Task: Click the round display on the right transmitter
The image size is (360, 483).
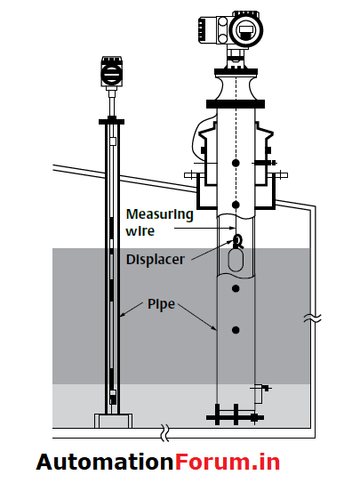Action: [246, 30]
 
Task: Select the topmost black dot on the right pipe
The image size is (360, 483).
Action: [235, 163]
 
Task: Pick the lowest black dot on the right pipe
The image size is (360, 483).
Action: [236, 330]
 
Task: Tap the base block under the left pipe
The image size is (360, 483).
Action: [111, 419]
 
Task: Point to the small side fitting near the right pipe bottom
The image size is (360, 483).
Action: [261, 387]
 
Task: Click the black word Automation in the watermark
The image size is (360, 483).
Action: [102, 462]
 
